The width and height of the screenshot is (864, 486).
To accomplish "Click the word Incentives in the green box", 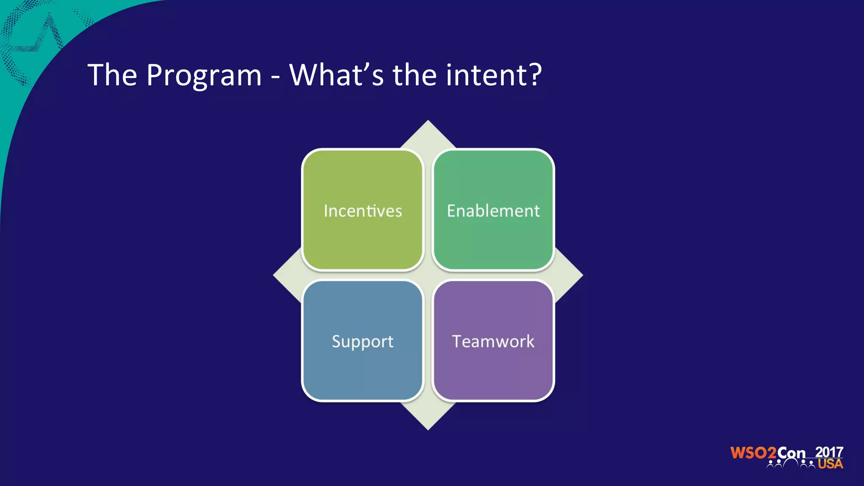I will point(363,211).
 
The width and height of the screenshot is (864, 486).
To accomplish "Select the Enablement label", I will point(493,211).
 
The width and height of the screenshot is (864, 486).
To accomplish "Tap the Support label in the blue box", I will point(363,341).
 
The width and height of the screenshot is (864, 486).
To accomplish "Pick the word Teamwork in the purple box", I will point(493,341).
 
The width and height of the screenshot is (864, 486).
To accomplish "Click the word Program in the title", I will point(204,76).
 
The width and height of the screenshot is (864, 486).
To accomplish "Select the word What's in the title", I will point(336,75).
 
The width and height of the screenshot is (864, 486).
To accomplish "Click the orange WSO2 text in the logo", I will point(753,453).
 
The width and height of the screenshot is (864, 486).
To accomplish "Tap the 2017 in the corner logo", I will point(829,452).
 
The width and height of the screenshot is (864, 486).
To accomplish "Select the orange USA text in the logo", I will point(830,464).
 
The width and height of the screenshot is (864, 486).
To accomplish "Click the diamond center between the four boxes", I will point(428,275).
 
